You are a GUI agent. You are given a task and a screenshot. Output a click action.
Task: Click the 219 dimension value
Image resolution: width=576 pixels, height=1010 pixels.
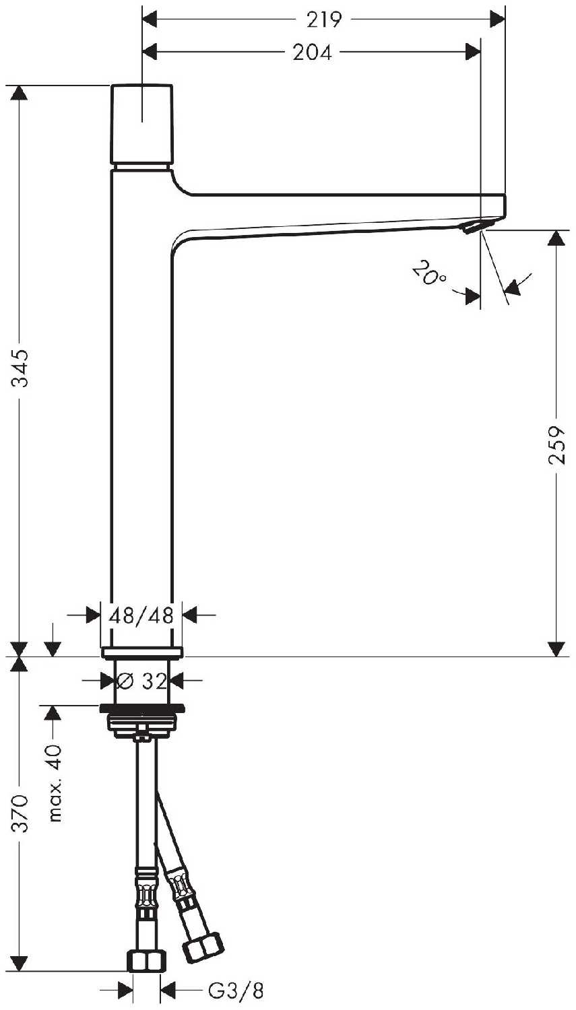[x=324, y=20]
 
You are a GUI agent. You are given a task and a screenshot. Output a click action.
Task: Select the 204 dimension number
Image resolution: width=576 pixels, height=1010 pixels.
[x=312, y=53]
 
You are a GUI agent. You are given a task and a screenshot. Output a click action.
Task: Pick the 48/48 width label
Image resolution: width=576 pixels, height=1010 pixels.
[x=141, y=615]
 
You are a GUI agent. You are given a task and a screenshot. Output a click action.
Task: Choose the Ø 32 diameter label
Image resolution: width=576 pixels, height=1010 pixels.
[x=141, y=681]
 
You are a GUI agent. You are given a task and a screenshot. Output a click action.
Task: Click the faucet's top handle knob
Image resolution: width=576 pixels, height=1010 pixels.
[x=141, y=124]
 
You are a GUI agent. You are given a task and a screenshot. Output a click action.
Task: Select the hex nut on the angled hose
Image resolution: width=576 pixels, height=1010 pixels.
[x=203, y=943]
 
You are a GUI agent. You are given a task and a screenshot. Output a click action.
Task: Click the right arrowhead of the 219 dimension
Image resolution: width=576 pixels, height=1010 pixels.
[x=498, y=19]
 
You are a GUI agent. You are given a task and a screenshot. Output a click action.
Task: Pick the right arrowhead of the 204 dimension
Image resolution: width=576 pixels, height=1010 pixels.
[x=472, y=52]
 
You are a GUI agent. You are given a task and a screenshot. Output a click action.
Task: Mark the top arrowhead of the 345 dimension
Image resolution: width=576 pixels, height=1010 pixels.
[x=19, y=94]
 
